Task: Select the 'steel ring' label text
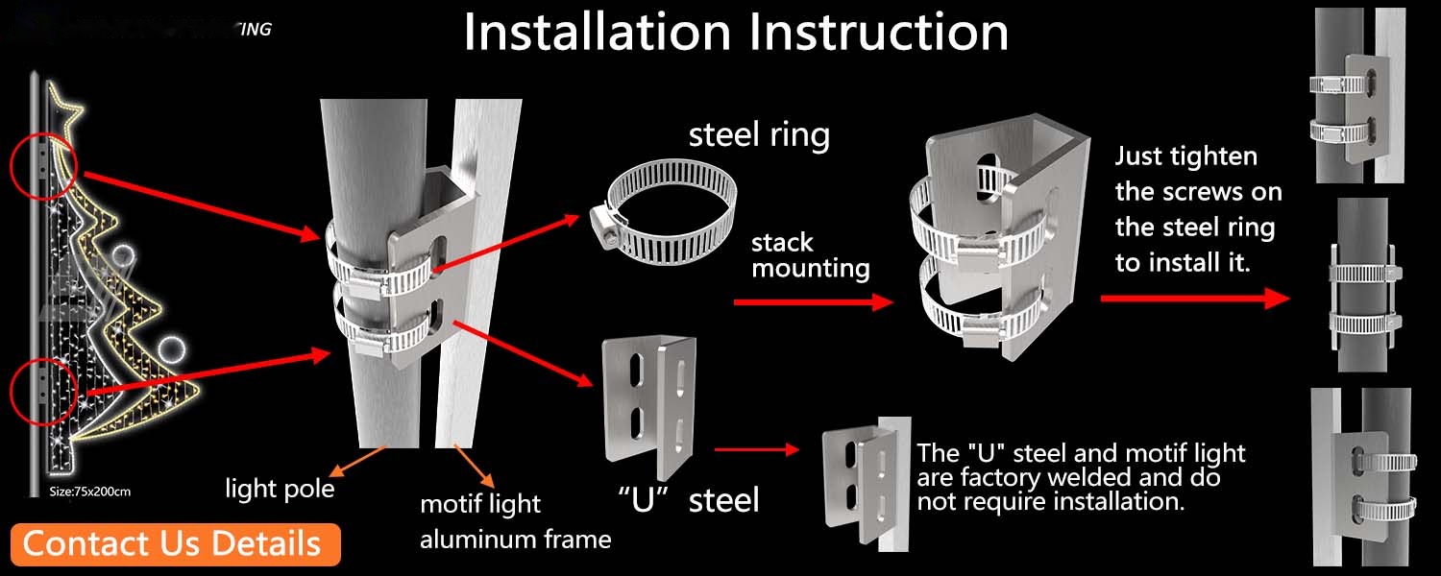(x=759, y=134)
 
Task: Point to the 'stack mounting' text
(x=810, y=254)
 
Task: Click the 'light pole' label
(x=280, y=489)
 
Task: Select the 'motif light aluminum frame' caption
(x=515, y=521)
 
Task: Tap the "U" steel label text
(x=689, y=499)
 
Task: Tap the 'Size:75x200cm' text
(x=89, y=492)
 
